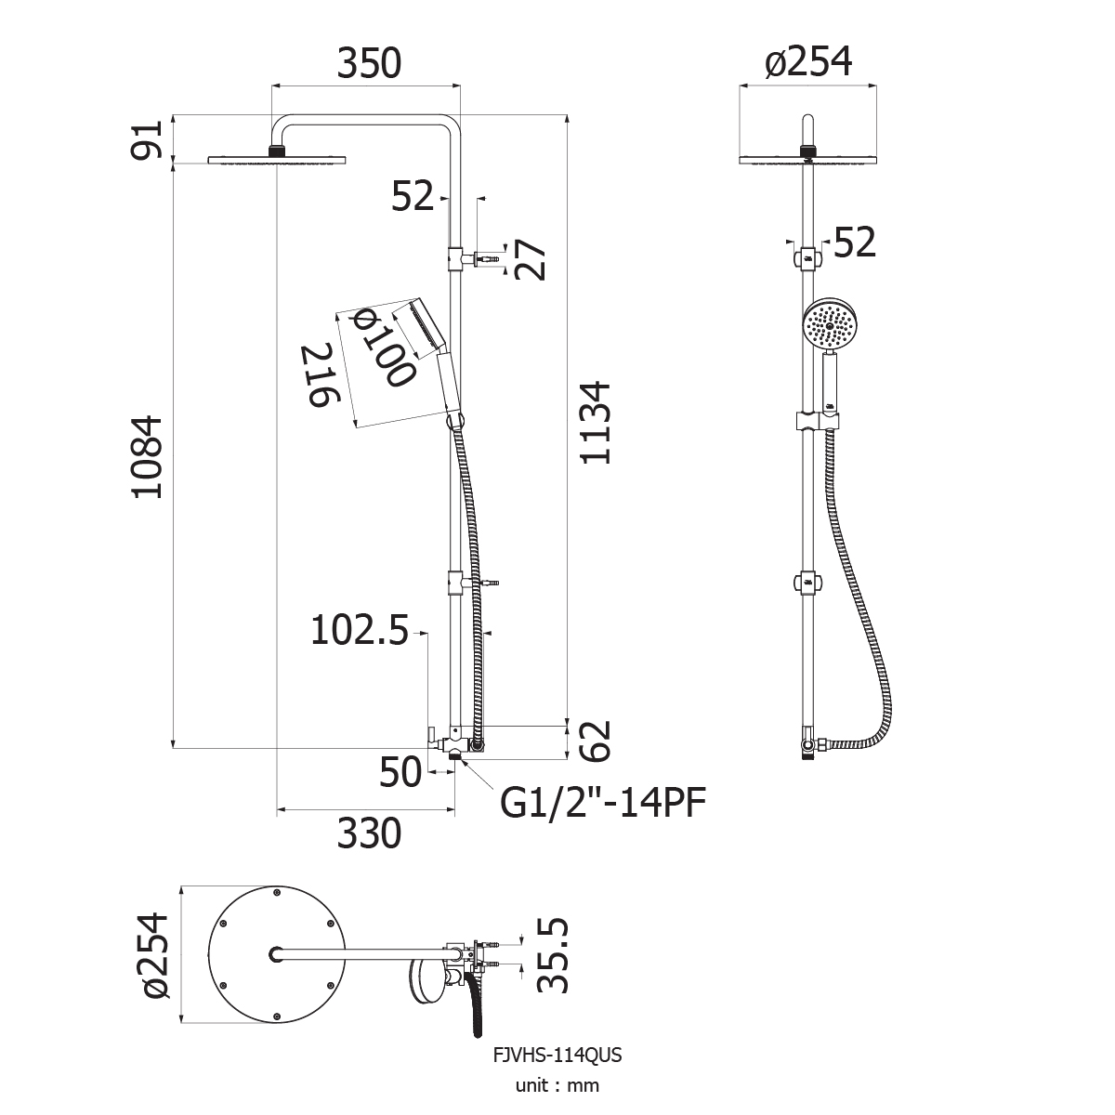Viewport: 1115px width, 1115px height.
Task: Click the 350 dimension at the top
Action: (x=369, y=64)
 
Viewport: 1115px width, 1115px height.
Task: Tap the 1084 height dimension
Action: (x=147, y=456)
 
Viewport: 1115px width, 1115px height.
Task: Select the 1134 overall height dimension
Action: (x=595, y=423)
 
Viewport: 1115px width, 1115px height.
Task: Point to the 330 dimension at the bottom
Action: (x=369, y=833)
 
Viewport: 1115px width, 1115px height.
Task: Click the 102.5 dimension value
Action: (x=360, y=630)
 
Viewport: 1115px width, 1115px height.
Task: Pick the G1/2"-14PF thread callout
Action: (x=603, y=803)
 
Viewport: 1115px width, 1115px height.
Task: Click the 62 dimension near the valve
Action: (x=595, y=741)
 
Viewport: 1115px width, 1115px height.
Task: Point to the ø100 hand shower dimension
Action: (x=384, y=347)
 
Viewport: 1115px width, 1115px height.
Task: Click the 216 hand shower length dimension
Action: (x=320, y=375)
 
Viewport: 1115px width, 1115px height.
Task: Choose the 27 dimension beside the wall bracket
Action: (x=530, y=259)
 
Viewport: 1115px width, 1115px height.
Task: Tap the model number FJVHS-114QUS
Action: (x=557, y=1055)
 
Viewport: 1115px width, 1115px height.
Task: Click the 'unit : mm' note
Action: (x=557, y=1085)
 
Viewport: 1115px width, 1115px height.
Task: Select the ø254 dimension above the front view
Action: (x=807, y=61)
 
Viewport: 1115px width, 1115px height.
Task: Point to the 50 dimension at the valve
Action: (x=400, y=771)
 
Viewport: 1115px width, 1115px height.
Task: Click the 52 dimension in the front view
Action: (x=855, y=242)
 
